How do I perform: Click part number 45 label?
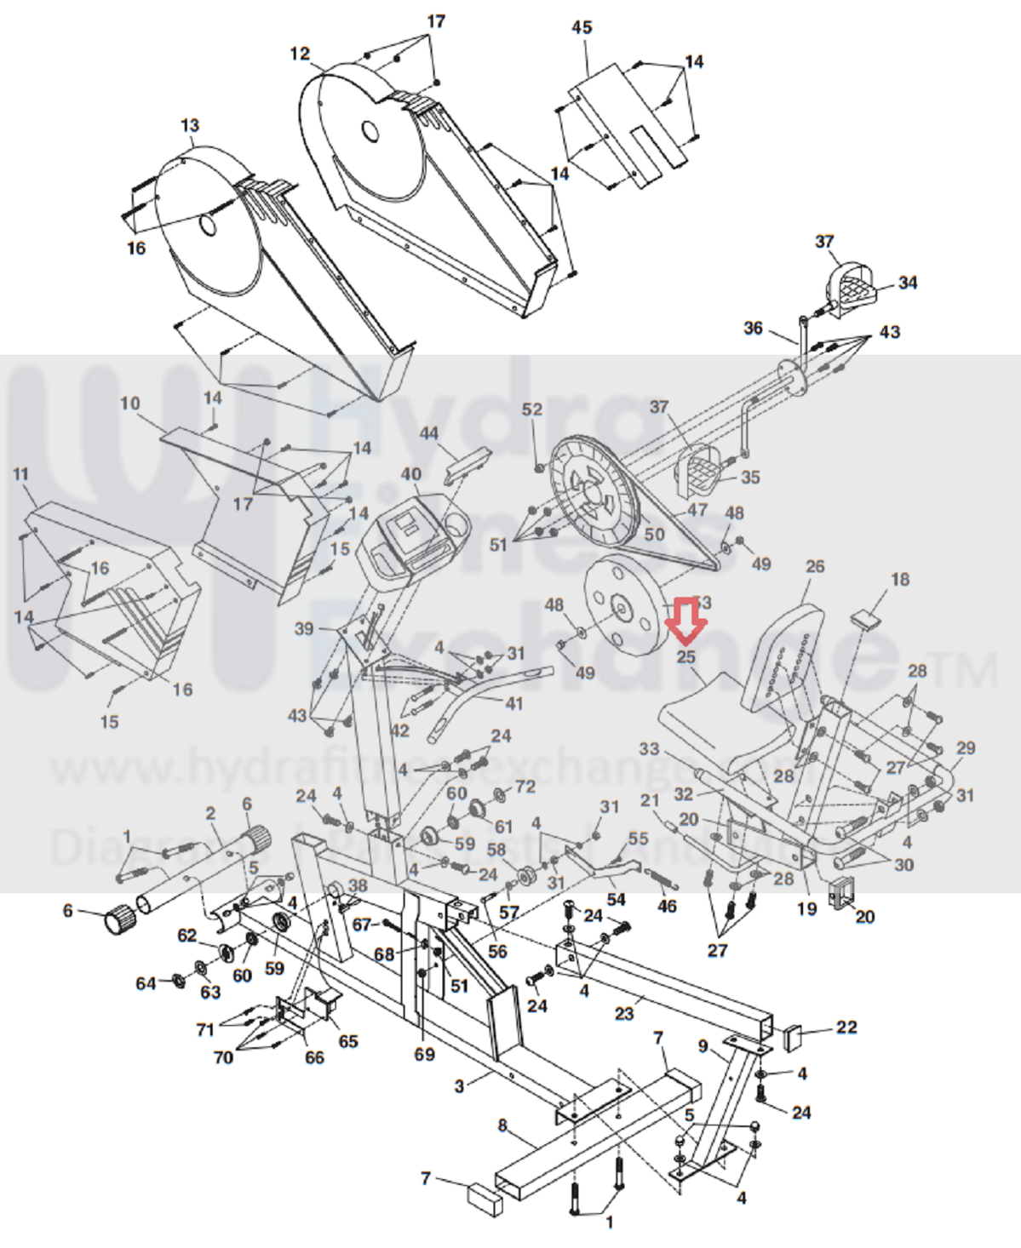point(582,27)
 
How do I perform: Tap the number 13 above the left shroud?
point(190,125)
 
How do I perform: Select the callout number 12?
point(300,54)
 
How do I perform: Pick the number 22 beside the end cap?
point(846,1027)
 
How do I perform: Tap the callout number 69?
point(424,1054)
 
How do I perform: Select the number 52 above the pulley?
point(532,409)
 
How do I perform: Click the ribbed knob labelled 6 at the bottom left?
point(120,919)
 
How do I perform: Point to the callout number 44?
point(428,433)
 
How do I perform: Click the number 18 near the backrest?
point(900,580)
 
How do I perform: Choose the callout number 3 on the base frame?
point(460,1086)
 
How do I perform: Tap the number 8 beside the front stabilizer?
point(502,1125)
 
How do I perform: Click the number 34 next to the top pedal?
point(908,283)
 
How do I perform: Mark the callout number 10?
point(130,403)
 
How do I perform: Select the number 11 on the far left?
point(21,474)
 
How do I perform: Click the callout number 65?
point(348,1041)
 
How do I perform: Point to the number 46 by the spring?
point(667,907)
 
